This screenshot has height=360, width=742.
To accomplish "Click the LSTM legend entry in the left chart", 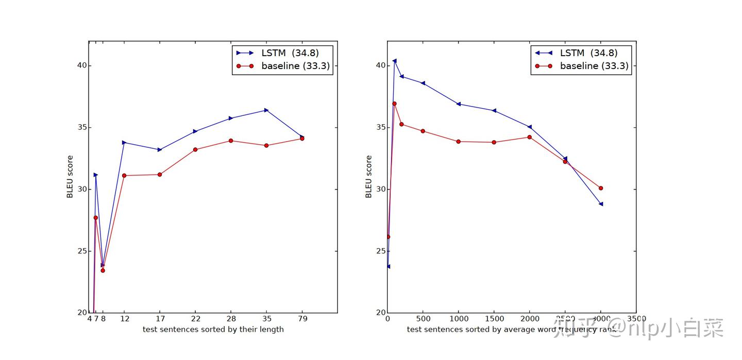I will (281, 53).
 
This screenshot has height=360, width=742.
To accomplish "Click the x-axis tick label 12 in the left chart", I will (124, 319).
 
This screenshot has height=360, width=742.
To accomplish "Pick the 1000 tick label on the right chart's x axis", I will (459, 319).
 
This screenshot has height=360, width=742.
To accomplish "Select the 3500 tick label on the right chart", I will (636, 319).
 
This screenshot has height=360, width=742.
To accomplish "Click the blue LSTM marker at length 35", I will (266, 110).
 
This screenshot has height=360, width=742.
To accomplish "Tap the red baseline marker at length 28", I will (231, 141).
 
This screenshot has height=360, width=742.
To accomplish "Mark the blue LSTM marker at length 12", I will (124, 142).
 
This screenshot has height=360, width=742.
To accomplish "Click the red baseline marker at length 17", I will (160, 175).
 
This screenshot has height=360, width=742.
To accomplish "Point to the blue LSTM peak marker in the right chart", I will (395, 61).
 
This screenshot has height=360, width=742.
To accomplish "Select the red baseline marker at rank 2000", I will (530, 137).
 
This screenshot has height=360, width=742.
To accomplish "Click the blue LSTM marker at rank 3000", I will (601, 204).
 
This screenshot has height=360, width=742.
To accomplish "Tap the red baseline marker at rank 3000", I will (601, 188).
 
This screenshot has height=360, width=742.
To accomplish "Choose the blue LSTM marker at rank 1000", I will (459, 104).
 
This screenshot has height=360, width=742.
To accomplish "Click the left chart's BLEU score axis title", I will (70, 177).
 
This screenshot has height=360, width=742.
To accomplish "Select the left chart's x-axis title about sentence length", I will (213, 330).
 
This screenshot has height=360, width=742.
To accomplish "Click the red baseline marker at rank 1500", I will (494, 142).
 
